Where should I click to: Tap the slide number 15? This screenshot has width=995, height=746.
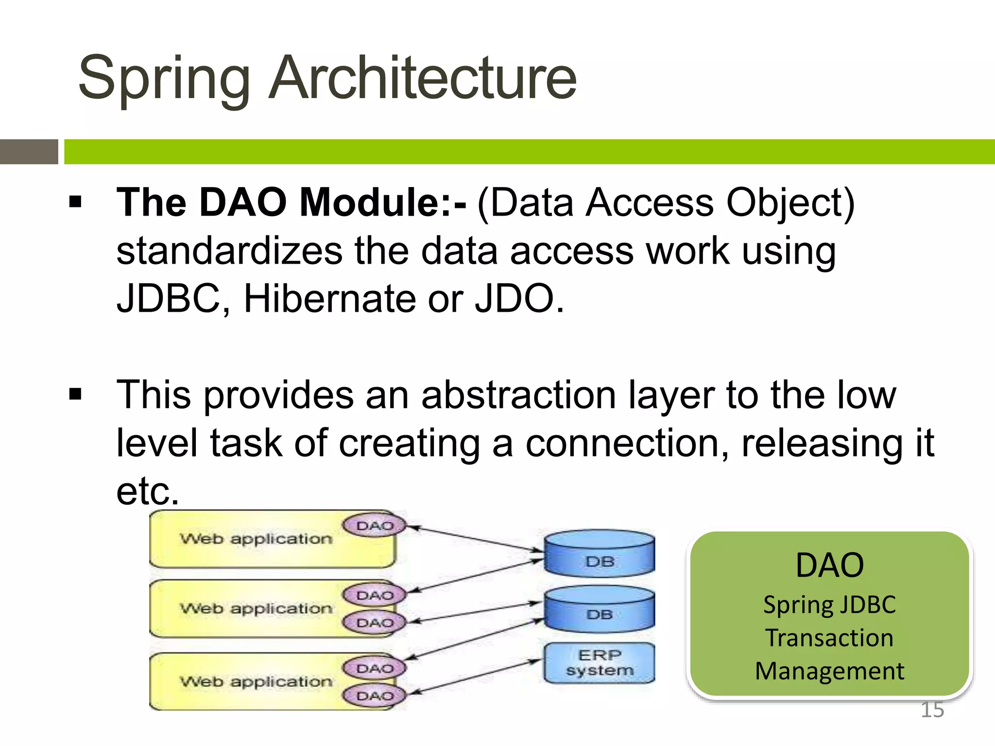coord(932,710)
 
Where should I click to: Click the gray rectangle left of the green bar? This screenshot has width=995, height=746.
coord(29,152)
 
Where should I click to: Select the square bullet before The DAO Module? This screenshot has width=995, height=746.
coord(75,202)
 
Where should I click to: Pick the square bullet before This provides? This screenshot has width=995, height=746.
coord(75,394)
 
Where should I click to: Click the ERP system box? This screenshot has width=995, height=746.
coord(600,663)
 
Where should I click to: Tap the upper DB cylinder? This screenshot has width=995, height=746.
coord(600,554)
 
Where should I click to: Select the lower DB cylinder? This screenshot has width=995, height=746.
coord(600,609)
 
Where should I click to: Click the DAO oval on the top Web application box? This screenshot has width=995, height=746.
coord(374,526)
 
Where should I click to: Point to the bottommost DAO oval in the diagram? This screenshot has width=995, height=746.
coord(374,696)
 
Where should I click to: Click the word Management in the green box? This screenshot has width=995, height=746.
coord(829,671)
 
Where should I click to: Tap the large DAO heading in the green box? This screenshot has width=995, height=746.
coord(829,565)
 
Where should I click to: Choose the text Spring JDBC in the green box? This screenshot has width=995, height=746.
coord(829,605)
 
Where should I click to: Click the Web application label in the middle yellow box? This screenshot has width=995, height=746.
coord(256,609)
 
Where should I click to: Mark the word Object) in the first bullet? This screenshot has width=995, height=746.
coord(790,203)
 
